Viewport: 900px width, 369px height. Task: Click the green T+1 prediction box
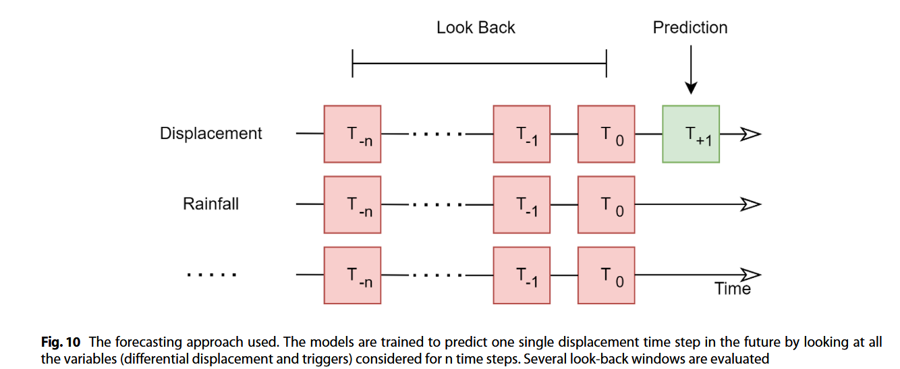[691, 134]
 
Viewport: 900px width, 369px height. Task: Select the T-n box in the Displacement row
[352, 134]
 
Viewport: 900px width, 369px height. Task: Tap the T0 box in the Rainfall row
[606, 204]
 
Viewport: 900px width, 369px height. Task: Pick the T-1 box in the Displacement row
[522, 134]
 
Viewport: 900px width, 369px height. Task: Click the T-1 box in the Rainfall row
[522, 204]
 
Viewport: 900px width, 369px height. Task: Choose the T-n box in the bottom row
[352, 275]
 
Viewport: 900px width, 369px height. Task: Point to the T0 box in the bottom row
[606, 275]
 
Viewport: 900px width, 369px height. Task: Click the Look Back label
[476, 28]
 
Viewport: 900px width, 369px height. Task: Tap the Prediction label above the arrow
[690, 28]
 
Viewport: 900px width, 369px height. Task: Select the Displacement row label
[210, 134]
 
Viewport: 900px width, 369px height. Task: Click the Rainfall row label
[210, 204]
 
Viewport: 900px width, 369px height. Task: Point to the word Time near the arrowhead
[733, 289]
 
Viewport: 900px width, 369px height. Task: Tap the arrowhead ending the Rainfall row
[751, 204]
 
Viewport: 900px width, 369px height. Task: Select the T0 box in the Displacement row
[606, 134]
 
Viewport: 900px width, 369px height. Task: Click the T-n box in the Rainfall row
[352, 204]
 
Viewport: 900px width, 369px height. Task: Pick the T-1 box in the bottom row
[522, 275]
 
